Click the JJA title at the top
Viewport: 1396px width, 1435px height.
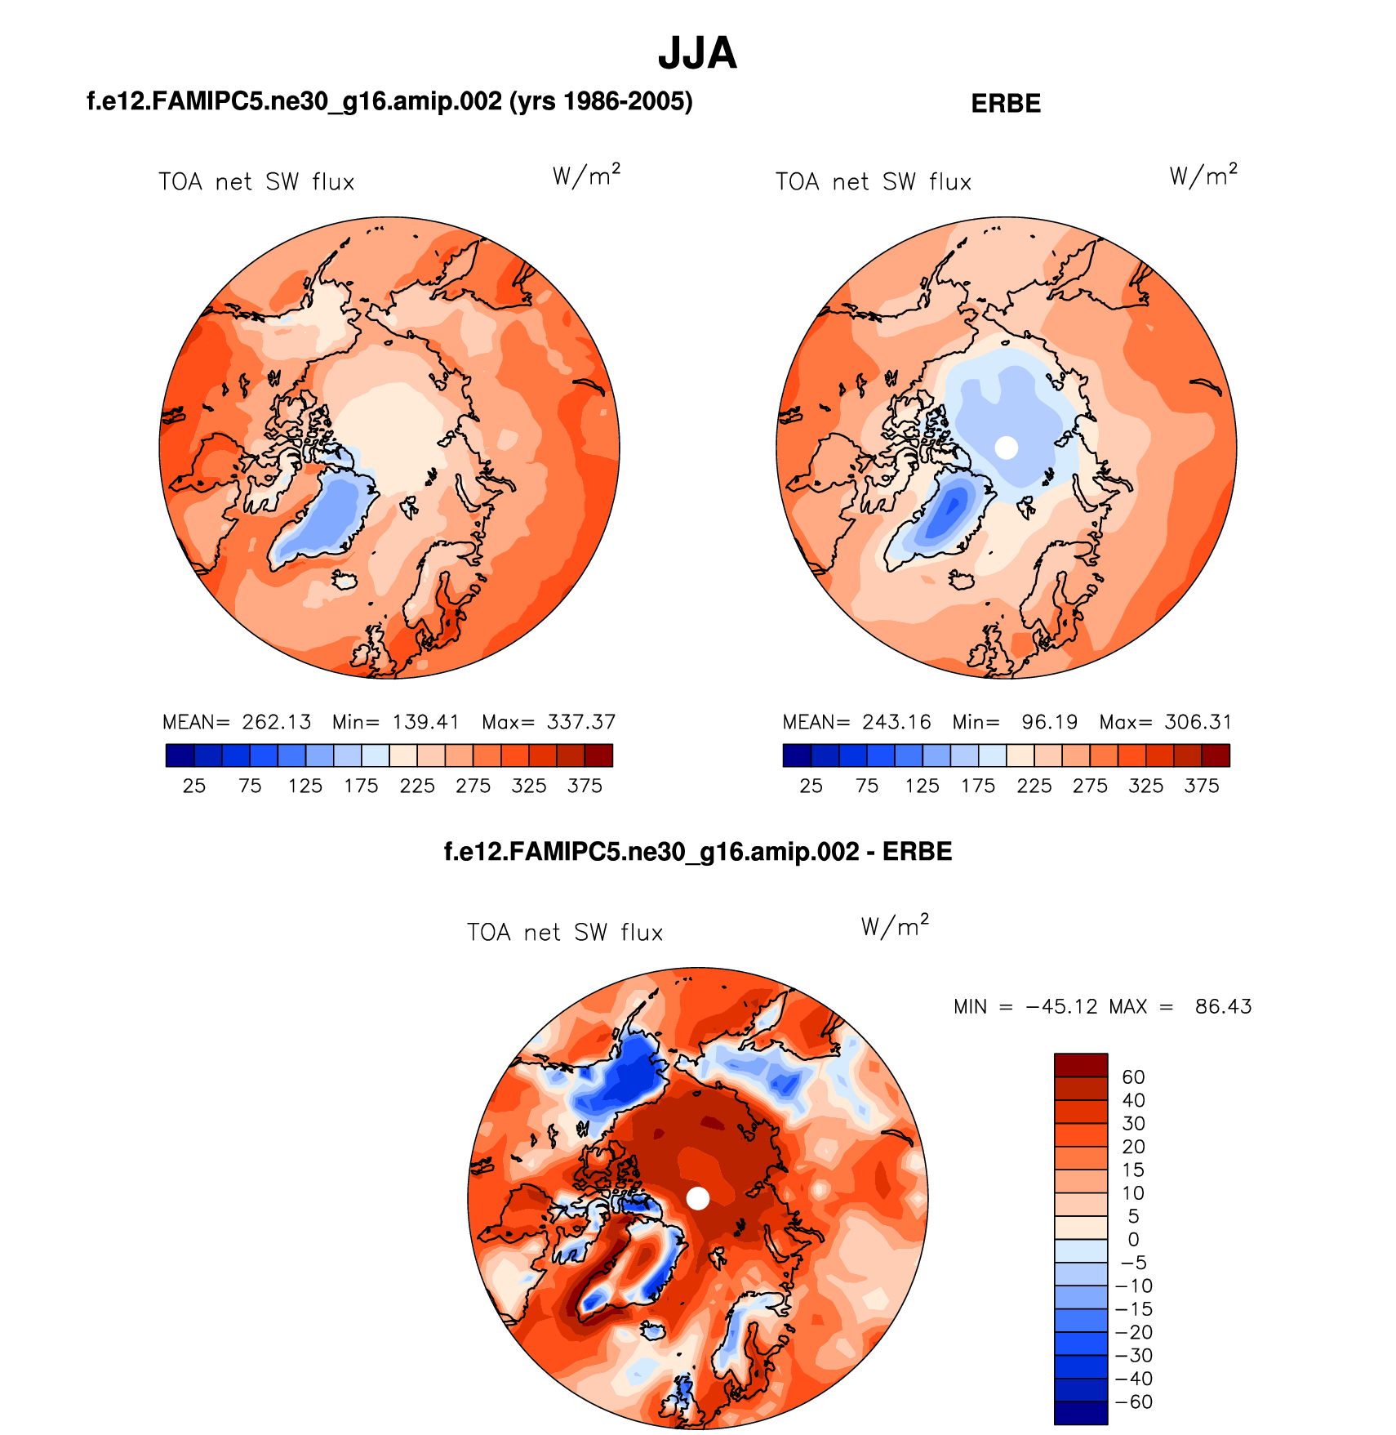697,54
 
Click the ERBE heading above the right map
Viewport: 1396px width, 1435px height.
1006,104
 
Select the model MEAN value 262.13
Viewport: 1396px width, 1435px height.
277,722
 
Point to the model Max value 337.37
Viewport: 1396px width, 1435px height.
581,722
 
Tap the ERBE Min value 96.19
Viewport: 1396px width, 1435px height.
1049,722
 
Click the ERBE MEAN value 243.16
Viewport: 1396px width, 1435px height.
896,722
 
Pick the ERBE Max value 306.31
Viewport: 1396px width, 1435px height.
1198,722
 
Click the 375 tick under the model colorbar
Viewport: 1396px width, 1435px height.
585,786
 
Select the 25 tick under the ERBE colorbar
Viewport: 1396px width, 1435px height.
811,786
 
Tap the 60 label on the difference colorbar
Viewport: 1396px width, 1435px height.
1133,1077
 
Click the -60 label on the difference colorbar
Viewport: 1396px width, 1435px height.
1135,1402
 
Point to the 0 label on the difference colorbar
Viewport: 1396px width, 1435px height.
1133,1240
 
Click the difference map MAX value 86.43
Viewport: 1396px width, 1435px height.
1223,1006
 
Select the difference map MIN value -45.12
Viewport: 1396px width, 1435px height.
1062,1006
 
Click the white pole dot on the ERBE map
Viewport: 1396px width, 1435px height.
1007,448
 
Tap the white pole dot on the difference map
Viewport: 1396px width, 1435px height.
698,1198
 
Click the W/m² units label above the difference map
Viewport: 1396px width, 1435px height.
895,926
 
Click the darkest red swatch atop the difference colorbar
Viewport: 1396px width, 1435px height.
1081,1065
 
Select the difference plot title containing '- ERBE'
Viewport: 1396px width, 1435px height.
698,852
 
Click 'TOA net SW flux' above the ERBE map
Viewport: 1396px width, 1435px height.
874,181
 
